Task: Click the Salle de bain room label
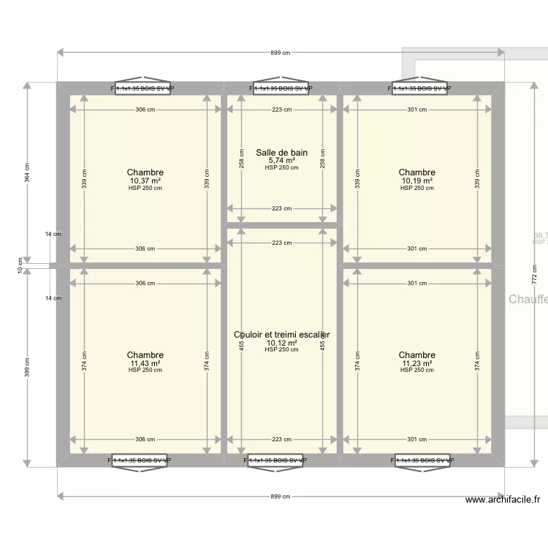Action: (281, 153)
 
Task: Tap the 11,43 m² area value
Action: (145, 363)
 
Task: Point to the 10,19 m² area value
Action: (416, 180)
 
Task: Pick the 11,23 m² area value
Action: (416, 363)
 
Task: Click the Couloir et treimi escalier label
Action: (281, 335)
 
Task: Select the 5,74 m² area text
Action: (281, 161)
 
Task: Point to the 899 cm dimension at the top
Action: (281, 53)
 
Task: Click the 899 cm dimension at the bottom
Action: (281, 496)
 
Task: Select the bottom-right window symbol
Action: (422, 461)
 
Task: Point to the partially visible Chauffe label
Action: (528, 300)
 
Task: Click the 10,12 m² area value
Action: (281, 343)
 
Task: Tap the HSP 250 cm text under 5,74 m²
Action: (281, 168)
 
